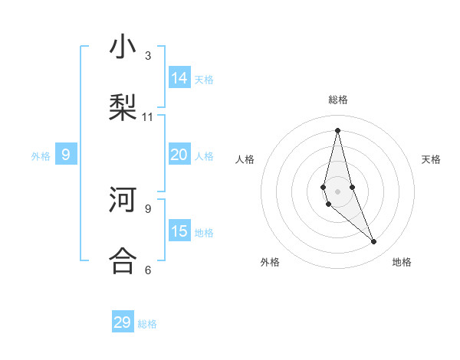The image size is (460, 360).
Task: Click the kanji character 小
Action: (123, 47)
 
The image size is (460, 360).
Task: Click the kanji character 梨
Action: (123, 107)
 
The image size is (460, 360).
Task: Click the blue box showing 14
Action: (179, 77)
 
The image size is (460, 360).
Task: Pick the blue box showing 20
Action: (179, 155)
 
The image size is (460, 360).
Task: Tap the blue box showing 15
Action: (179, 231)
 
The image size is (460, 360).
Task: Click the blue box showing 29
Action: (123, 322)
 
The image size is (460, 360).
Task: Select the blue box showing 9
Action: (66, 155)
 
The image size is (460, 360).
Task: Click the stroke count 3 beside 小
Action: (148, 56)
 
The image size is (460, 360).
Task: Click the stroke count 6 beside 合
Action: (148, 270)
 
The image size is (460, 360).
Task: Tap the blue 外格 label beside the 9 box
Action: (41, 156)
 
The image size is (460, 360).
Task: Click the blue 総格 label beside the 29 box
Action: (147, 324)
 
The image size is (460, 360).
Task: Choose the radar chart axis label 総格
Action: (338, 100)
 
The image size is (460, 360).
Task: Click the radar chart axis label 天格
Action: (431, 159)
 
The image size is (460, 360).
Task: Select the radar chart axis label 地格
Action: (402, 262)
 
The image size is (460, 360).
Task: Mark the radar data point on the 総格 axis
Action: (337, 129)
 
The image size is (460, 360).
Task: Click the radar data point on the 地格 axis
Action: (374, 242)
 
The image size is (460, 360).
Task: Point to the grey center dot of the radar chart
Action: (337, 191)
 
